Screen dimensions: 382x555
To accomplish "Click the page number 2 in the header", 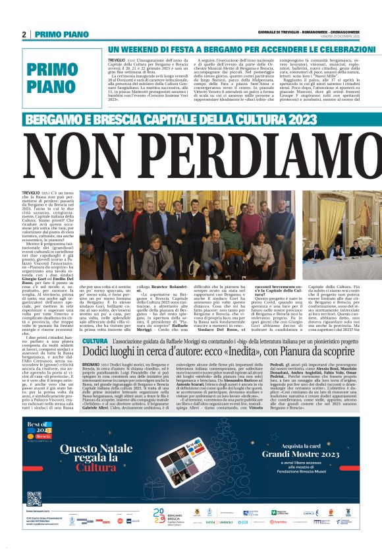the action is (x=24, y=34).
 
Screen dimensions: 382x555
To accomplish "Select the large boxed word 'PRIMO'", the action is (x=53, y=71).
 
